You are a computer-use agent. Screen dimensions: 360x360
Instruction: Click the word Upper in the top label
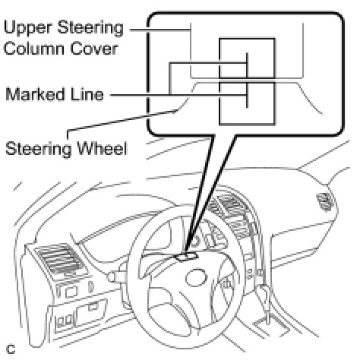point(28,28)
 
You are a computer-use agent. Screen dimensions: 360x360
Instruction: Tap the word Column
point(34,49)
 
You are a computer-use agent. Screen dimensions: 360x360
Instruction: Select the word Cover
point(94,49)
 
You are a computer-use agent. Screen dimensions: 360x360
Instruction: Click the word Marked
point(35,94)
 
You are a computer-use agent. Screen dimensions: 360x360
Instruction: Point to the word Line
point(87,94)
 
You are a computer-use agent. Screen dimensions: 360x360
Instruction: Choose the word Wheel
point(102,148)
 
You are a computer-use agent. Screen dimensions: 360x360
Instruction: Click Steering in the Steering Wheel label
point(39,150)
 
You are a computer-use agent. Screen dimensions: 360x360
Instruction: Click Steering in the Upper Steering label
point(90,28)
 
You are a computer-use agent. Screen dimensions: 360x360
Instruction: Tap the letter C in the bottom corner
point(11,349)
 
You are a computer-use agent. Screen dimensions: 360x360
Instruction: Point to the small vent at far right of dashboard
point(324,201)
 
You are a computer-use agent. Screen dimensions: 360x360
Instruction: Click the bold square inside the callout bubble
point(219,81)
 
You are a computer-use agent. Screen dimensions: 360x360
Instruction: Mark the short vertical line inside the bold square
point(247,81)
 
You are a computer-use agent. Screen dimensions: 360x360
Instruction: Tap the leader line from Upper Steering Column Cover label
point(160,30)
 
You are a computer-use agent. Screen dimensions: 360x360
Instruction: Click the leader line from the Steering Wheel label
point(122,121)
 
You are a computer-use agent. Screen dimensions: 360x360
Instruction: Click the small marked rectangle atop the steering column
point(187,257)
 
